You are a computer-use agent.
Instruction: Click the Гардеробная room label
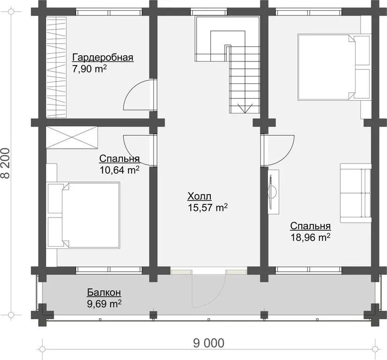(x=103, y=58)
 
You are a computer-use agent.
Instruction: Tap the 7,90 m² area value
(x=89, y=69)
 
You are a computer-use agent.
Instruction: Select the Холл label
(x=200, y=196)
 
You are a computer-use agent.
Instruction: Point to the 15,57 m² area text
(x=208, y=208)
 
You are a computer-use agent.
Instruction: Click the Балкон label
(x=104, y=292)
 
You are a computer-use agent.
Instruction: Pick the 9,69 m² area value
(x=104, y=304)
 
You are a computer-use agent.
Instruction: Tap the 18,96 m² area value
(x=311, y=238)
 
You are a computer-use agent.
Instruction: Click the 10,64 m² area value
(x=119, y=170)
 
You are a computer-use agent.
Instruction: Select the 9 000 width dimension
(x=209, y=343)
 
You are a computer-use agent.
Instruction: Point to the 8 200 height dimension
(x=6, y=163)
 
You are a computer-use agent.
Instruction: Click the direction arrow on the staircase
(x=245, y=108)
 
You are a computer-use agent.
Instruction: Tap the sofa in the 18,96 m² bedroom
(x=356, y=193)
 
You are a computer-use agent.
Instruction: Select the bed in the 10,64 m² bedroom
(x=84, y=215)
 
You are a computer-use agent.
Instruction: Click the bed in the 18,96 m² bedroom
(x=335, y=67)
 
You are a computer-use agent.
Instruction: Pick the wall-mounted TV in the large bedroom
(x=273, y=192)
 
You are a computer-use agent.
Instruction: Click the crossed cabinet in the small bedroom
(x=72, y=138)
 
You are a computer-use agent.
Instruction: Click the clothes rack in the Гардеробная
(x=56, y=67)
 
